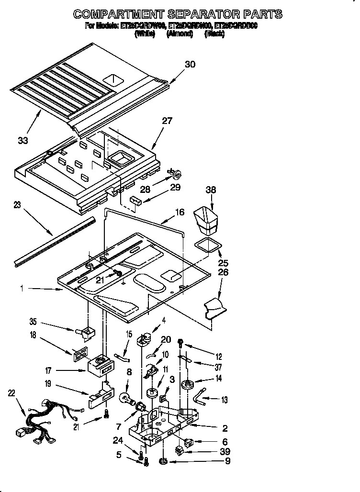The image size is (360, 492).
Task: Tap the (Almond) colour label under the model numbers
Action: pyautogui.click(x=180, y=34)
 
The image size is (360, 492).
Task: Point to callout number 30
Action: pyautogui.click(x=190, y=65)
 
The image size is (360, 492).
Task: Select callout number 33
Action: pyautogui.click(x=22, y=140)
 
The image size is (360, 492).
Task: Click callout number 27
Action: pyautogui.click(x=167, y=121)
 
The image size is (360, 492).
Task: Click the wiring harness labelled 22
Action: pyautogui.click(x=45, y=419)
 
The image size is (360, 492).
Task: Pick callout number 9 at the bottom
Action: pyautogui.click(x=227, y=461)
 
